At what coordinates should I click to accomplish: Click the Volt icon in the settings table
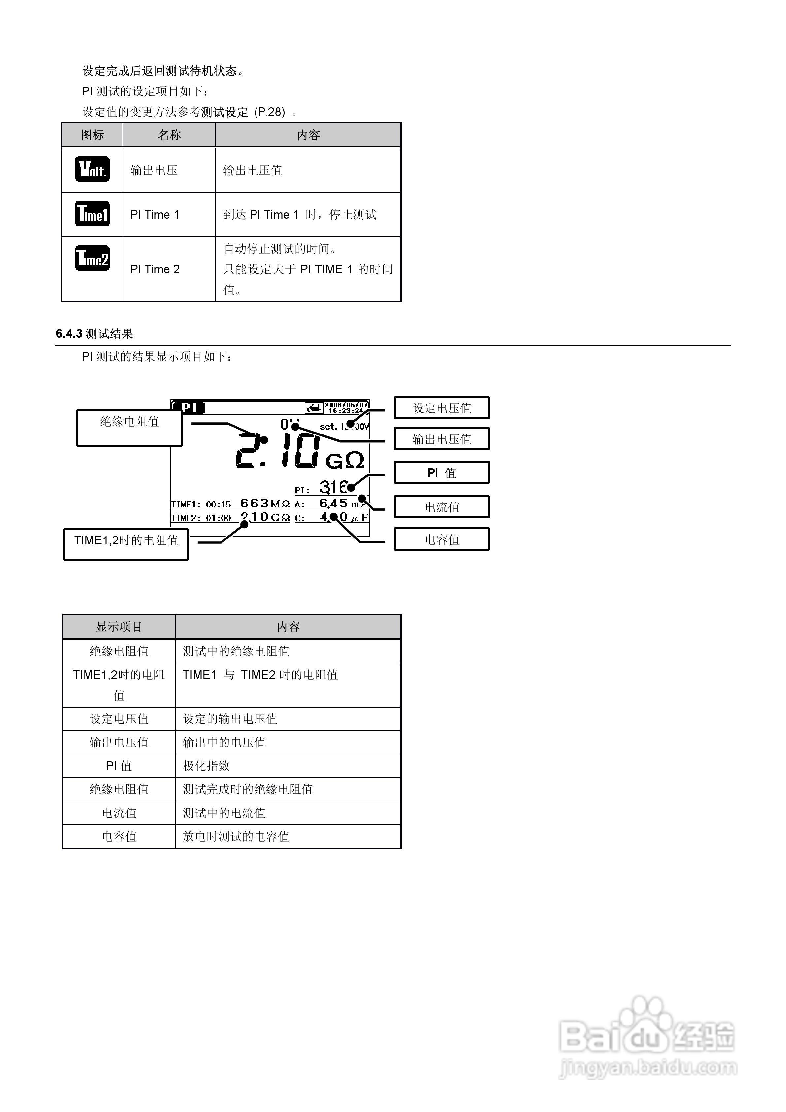pos(92,169)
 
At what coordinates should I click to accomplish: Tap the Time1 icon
pos(92,214)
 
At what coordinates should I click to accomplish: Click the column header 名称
pos(169,135)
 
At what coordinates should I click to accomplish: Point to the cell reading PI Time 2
pos(155,269)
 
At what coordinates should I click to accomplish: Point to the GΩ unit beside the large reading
pos(345,461)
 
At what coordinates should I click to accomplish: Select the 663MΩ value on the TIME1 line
pos(264,503)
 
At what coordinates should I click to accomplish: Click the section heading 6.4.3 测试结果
pos(94,334)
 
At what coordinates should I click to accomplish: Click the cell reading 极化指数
pos(206,766)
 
